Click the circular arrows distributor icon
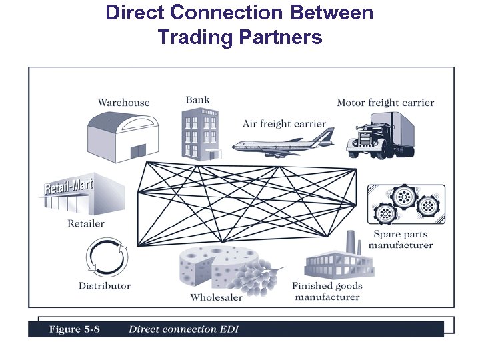click(x=105, y=257)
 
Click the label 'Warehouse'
click(x=123, y=103)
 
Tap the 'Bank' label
click(x=197, y=100)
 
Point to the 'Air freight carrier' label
click(x=284, y=123)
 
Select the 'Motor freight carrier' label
click(x=385, y=103)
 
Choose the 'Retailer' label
click(x=86, y=223)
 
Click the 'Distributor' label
click(x=105, y=286)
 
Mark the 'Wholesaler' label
click(x=216, y=297)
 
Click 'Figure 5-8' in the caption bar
click(x=74, y=329)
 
